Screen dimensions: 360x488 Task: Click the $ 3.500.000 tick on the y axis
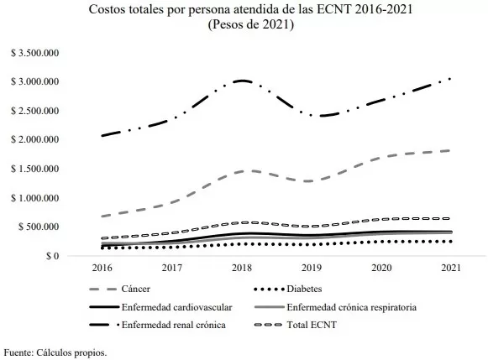click(34, 52)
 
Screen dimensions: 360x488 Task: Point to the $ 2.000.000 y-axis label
click(34, 139)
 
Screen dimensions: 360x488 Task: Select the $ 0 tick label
click(50, 256)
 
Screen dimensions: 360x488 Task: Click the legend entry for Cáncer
click(139, 290)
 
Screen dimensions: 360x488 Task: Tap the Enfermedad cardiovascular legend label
click(175, 307)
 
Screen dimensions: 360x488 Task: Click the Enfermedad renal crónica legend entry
click(173, 325)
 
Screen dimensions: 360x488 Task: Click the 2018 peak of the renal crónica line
click(242, 81)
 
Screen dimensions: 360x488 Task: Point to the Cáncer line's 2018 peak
click(242, 170)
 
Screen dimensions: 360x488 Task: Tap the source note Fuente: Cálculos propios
click(55, 352)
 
